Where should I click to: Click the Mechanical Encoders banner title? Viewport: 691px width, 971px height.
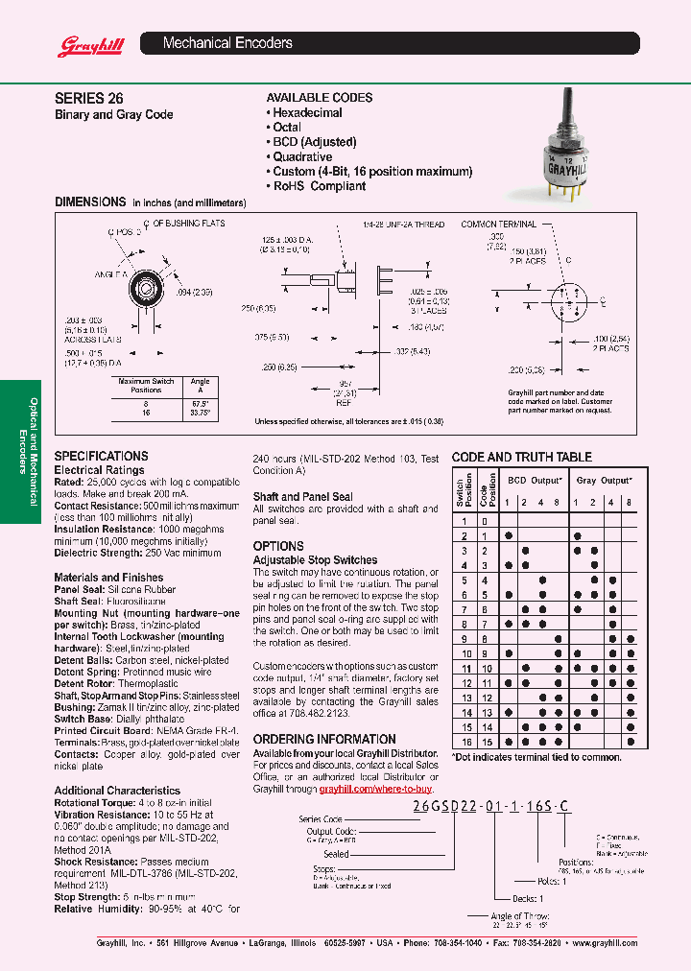227,43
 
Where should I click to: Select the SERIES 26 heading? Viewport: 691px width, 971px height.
88,98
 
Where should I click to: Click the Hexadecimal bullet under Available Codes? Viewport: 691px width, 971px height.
306,112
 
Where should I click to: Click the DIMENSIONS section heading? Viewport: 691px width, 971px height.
90,202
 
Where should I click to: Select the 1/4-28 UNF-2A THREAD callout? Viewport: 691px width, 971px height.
403,225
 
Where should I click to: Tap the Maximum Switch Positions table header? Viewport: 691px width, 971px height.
146,385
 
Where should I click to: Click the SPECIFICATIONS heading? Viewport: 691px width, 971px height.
101,456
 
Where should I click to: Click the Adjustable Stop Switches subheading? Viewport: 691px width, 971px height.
315,559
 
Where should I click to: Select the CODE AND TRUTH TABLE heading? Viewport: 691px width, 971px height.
521,457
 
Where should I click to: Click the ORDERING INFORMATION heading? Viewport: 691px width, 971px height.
324,739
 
